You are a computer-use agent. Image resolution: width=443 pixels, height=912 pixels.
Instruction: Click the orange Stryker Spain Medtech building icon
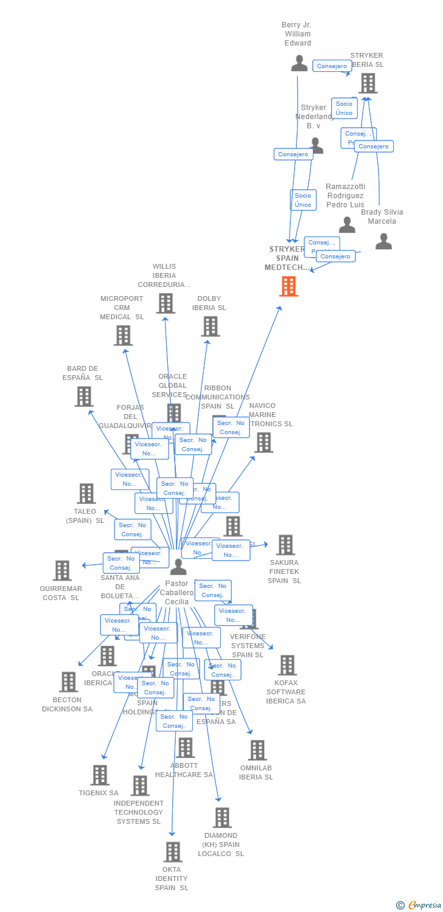coord(288,286)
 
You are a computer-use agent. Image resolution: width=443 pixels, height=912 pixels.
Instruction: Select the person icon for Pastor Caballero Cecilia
coord(178,567)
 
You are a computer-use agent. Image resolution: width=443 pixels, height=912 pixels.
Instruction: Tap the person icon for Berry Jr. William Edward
coord(299,63)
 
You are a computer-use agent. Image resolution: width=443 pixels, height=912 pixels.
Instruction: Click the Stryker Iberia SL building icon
coord(368,83)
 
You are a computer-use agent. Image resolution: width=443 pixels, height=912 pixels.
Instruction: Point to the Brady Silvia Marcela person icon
coord(383,241)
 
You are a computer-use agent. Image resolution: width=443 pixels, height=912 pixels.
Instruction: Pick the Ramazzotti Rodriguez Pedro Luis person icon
coord(347,225)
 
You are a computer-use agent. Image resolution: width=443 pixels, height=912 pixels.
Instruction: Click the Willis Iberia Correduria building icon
coord(166,303)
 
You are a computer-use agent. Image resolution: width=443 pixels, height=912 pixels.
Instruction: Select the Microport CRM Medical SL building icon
coord(123,335)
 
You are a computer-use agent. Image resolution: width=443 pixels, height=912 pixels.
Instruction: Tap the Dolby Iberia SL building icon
coord(210,326)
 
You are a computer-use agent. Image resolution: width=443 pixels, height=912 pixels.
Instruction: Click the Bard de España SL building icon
coord(84,396)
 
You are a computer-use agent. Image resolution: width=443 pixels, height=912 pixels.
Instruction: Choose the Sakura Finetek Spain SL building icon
coord(285,545)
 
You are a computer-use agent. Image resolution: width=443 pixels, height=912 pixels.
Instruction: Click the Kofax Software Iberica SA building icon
coord(287,665)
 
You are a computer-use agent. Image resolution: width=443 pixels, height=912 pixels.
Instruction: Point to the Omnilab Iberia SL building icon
coord(257,750)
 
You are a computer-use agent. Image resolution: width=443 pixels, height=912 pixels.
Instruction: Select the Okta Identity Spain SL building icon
coord(173,852)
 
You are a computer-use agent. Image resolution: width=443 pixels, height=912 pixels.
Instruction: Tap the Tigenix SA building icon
coord(100,775)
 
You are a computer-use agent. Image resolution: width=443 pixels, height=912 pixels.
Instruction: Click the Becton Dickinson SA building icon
coord(68,682)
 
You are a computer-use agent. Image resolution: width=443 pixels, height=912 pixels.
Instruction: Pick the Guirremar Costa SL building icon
coord(62,570)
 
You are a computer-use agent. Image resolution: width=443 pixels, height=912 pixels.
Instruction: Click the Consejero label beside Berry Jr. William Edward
coord(332,66)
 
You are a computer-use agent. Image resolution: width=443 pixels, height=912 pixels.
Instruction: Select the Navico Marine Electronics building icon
coord(263,443)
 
